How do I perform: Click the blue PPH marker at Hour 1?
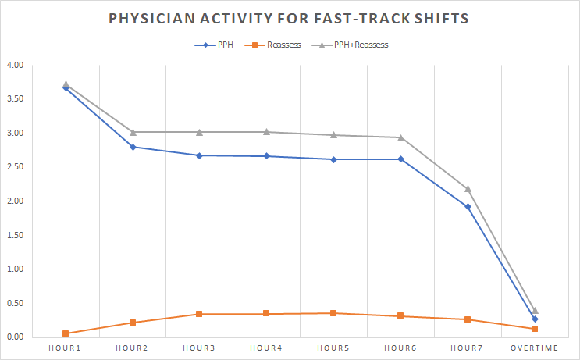point(66,87)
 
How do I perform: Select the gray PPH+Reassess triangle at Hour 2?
point(133,132)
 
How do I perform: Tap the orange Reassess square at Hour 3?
point(199,314)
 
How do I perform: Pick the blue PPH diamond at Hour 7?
point(468,207)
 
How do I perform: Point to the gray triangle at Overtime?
point(535,311)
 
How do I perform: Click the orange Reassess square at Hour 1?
point(66,333)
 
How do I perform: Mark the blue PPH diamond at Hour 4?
point(267,156)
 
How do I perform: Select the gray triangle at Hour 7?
point(468,189)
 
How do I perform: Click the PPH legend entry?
point(214,45)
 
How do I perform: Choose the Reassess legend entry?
point(273,45)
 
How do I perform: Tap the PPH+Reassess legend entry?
point(350,45)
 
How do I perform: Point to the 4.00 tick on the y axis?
point(15,65)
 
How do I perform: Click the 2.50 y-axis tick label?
point(15,167)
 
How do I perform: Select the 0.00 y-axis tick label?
point(15,337)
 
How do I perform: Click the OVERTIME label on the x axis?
point(534,348)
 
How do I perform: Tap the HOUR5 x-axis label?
point(333,348)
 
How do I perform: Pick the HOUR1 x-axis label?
point(65,348)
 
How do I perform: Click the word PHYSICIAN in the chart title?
point(151,18)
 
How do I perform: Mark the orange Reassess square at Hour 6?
point(400,315)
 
